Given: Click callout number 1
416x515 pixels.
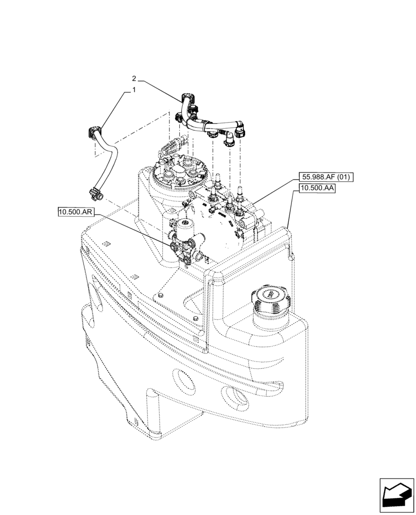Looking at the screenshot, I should click(x=134, y=90).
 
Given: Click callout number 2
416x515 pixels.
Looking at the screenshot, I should click(x=134, y=79).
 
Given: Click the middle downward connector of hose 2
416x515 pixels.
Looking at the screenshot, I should click(x=212, y=135).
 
